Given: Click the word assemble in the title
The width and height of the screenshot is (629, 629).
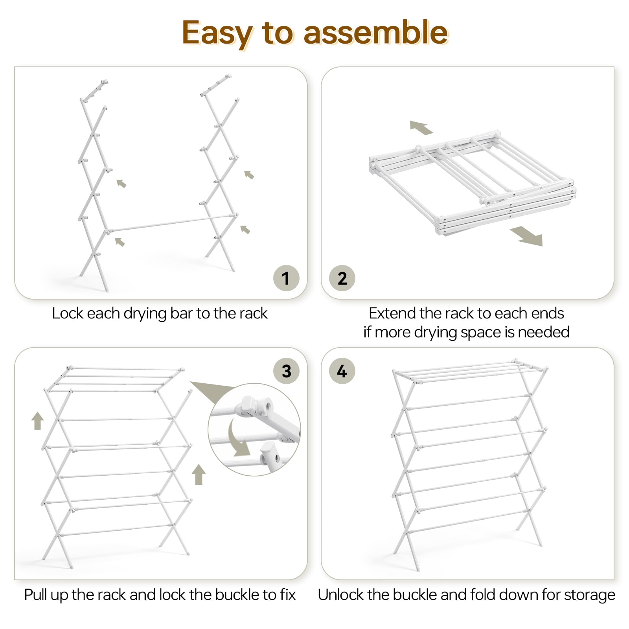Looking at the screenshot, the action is (375, 32).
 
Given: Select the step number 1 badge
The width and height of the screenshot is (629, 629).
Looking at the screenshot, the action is (286, 278).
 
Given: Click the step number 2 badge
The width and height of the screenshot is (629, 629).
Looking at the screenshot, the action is (342, 278).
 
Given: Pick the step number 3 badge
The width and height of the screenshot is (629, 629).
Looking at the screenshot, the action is (286, 371).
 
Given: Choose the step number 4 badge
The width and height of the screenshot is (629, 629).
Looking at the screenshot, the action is (342, 371).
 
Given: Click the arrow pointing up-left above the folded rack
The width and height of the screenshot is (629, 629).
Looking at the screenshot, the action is (421, 127).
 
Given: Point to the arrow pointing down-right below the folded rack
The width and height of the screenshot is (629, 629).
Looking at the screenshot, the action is (527, 236).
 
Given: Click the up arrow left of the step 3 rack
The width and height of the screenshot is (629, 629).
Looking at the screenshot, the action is (38, 421).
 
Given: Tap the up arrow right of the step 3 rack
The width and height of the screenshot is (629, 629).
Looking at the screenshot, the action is (199, 475).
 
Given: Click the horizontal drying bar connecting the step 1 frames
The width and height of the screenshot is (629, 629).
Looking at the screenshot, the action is (172, 223).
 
